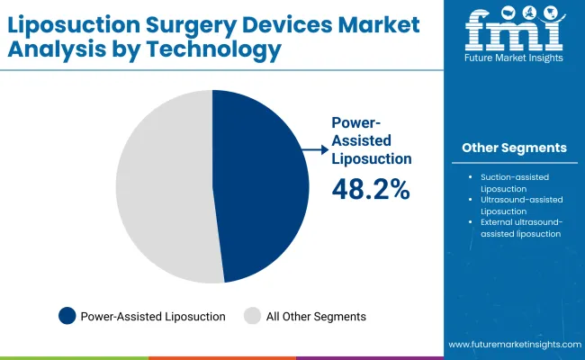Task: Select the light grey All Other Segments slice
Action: click(x=162, y=189)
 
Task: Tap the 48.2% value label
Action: click(x=371, y=189)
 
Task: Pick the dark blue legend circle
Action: click(x=67, y=316)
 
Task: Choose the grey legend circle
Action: click(x=253, y=316)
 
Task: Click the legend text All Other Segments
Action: click(x=317, y=316)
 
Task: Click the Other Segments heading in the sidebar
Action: click(x=514, y=147)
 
